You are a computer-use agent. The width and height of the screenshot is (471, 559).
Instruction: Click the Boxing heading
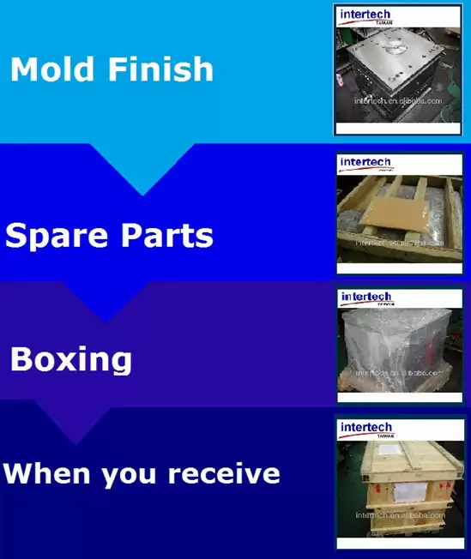(x=70, y=358)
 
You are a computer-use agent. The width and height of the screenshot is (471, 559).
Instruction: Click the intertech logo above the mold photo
(x=365, y=15)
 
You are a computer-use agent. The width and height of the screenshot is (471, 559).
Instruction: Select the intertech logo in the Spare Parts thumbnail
(x=365, y=163)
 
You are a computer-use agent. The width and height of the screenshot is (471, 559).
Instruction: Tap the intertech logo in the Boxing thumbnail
(x=366, y=298)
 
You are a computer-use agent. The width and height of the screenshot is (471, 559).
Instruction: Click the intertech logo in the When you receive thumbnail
(x=366, y=428)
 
